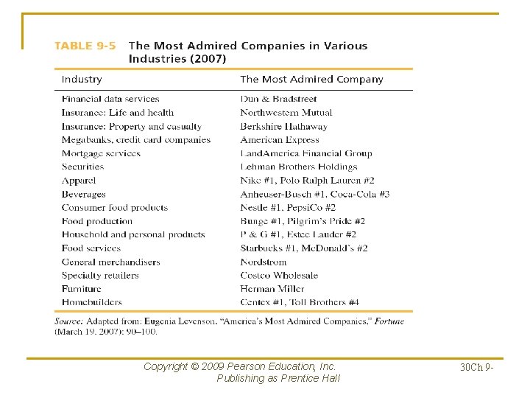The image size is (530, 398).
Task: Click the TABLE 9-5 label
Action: pyautogui.click(x=85, y=46)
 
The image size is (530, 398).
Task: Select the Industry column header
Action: pyautogui.click(x=82, y=80)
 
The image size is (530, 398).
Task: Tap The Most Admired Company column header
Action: pyautogui.click(x=311, y=80)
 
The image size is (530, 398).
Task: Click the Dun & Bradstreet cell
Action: pyautogui.click(x=278, y=99)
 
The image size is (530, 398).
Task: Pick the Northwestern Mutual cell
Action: pyautogui.click(x=286, y=113)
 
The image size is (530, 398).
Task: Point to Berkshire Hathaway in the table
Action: pyautogui.click(x=283, y=126)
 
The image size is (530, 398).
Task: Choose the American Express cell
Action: pyautogui.click(x=280, y=139)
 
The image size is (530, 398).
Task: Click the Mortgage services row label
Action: pyautogui.click(x=101, y=153)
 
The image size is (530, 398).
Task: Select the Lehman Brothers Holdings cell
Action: pyautogui.click(x=288, y=167)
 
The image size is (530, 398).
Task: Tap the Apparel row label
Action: pyautogui.click(x=79, y=181)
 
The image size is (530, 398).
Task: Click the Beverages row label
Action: pyautogui.click(x=84, y=194)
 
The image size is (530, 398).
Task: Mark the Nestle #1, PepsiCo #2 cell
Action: pyautogui.click(x=288, y=208)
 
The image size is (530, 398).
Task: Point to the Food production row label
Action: pyautogui.click(x=97, y=221)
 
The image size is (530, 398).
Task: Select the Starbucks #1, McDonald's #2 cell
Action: pyautogui.click(x=303, y=248)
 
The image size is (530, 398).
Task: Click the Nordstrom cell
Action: pyautogui.click(x=264, y=262)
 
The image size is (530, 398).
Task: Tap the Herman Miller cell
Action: pyautogui.click(x=272, y=289)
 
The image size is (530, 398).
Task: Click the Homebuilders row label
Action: pyautogui.click(x=92, y=302)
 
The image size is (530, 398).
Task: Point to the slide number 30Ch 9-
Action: pyautogui.click(x=476, y=366)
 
